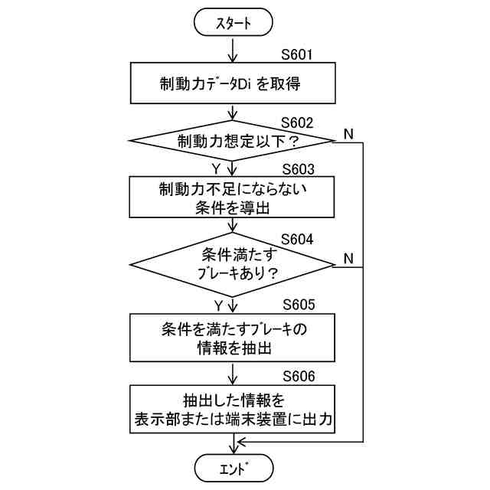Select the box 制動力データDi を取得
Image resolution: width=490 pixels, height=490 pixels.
[234, 83]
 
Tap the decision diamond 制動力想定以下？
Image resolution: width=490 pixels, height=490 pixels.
[234, 141]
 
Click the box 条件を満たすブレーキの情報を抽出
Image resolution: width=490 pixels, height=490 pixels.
[234, 338]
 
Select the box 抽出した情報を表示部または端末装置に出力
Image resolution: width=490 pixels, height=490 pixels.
[234, 409]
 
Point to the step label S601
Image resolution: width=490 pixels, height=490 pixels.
[297, 55]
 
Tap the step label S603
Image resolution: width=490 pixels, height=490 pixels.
[298, 169]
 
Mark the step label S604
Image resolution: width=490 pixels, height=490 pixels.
[297, 238]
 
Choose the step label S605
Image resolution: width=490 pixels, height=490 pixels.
[298, 304]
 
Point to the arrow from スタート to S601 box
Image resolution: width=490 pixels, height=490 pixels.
[234, 50]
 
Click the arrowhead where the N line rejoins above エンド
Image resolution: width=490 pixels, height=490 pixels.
[240, 442]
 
